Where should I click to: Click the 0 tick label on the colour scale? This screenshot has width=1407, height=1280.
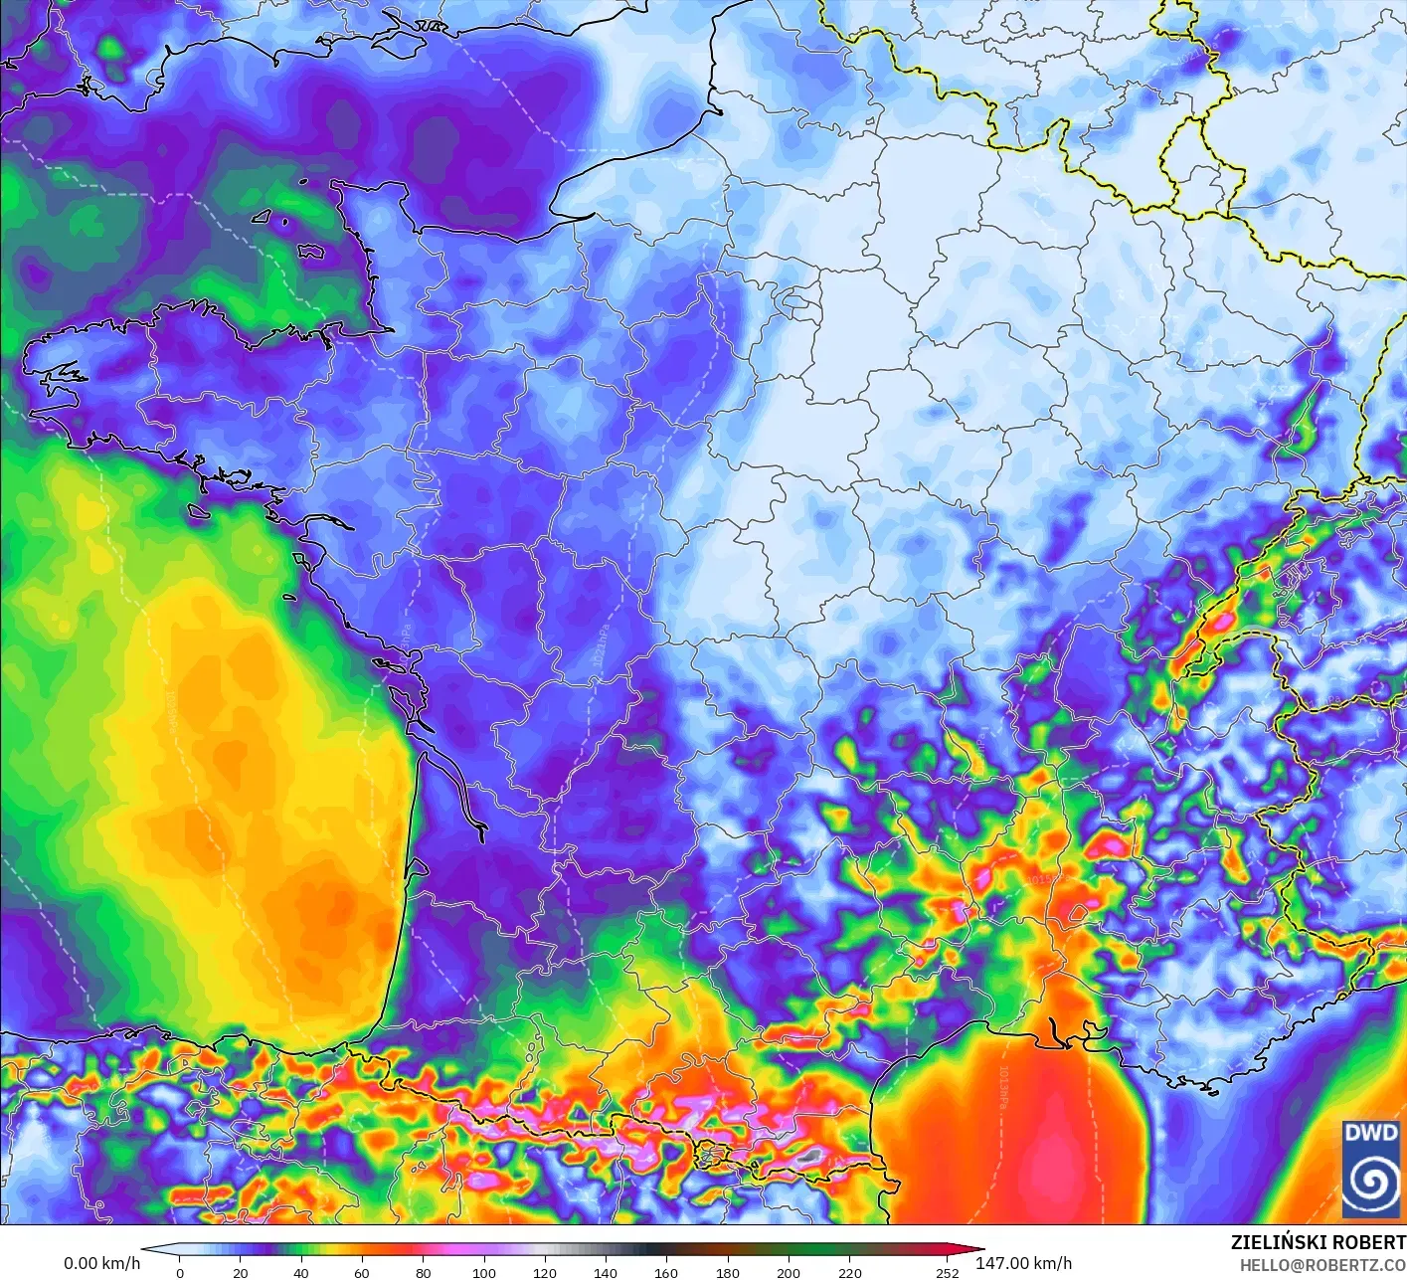click(x=180, y=1272)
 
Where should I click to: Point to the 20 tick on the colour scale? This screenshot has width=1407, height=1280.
click(x=241, y=1272)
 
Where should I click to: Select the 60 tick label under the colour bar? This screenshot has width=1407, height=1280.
click(x=362, y=1272)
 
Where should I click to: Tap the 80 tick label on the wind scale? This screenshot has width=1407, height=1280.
click(x=424, y=1272)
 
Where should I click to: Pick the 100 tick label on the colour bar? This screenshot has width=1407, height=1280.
click(x=484, y=1272)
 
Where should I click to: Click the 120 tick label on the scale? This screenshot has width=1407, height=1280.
click(x=545, y=1272)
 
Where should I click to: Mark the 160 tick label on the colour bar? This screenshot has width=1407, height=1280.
click(x=666, y=1272)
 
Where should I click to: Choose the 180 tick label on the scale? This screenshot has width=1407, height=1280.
click(x=728, y=1272)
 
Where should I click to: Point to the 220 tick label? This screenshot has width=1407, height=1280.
click(x=849, y=1272)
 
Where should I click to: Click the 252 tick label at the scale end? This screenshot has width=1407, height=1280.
click(x=948, y=1272)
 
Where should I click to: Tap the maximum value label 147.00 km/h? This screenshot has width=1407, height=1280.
click(x=1023, y=1263)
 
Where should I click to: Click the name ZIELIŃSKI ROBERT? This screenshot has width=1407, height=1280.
click(x=1318, y=1242)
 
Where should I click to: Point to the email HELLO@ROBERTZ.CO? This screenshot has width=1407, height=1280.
click(x=1322, y=1263)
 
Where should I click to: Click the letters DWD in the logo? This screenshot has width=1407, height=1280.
click(x=1370, y=1133)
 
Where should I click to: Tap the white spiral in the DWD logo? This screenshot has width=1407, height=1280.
click(x=1371, y=1182)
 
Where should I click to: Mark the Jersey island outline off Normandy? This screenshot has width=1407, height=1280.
click(x=311, y=253)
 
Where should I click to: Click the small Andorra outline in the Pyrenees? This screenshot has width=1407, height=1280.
click(x=708, y=1154)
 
